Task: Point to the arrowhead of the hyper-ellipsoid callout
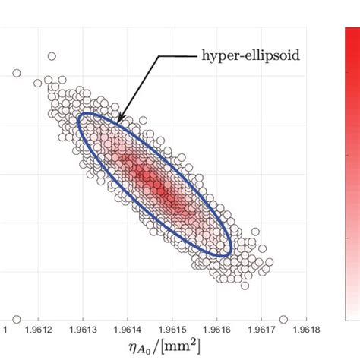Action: [x=118, y=122]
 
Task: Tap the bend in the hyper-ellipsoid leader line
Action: [x=159, y=55]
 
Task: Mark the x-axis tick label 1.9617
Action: [x=262, y=330]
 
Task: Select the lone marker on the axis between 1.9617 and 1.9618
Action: [x=284, y=319]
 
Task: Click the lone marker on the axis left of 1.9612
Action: [x=17, y=319]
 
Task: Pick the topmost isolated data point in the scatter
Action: [x=52, y=55]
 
